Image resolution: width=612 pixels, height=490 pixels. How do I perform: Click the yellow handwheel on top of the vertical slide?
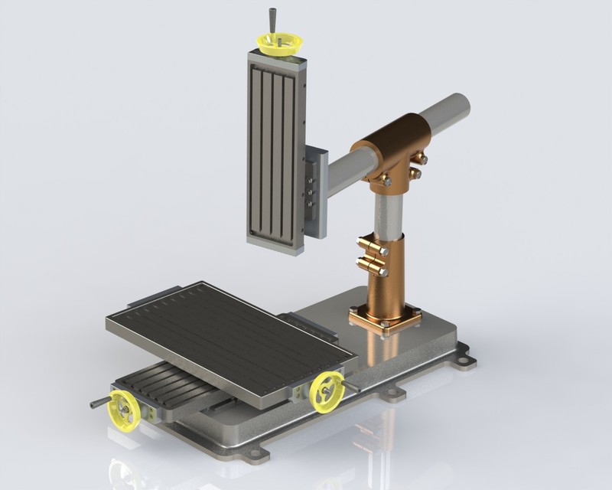pyautogui.click(x=280, y=42)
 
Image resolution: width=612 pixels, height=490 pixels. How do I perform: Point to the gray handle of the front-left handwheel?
pyautogui.click(x=99, y=402)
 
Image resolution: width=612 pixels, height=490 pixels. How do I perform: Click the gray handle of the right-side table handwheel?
pyautogui.click(x=351, y=387)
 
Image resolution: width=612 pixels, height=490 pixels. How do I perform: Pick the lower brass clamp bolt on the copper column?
pyautogui.click(x=372, y=266)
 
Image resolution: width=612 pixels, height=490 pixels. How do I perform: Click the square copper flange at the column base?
pyautogui.click(x=386, y=317)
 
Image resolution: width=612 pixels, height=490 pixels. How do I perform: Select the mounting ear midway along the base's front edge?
pyautogui.click(x=393, y=394)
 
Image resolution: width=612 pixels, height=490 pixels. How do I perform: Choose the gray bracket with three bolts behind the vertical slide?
pyautogui.click(x=315, y=191)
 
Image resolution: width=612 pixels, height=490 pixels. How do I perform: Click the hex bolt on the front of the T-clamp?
pyautogui.click(x=386, y=181)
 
